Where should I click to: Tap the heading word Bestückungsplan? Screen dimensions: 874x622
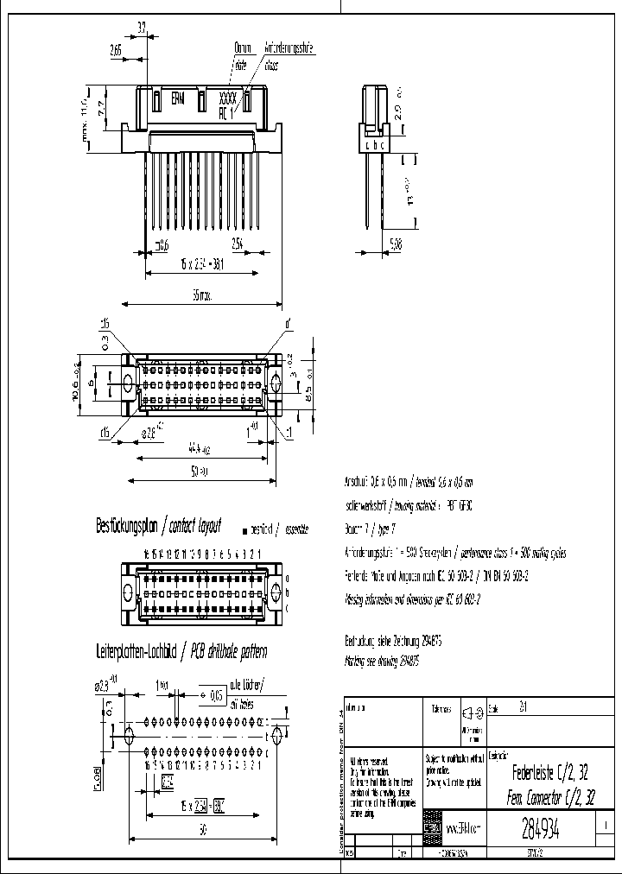(x=128, y=525)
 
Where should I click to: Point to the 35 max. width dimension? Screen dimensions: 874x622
(x=200, y=295)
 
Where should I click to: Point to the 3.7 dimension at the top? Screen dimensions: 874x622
(x=142, y=27)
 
